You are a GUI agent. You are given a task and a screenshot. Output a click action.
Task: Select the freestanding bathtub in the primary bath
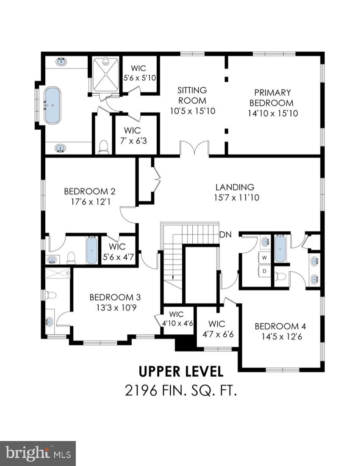[x=52, y=105]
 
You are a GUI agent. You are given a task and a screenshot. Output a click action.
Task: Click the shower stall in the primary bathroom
[x=106, y=75]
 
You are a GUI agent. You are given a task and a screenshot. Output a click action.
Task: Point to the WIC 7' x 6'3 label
[x=136, y=130]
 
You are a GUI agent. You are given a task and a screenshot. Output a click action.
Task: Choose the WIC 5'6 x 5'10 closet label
[x=140, y=68]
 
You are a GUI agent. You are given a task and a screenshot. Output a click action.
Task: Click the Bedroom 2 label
[x=90, y=191]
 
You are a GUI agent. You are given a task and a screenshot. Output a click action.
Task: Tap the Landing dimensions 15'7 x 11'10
[x=235, y=197]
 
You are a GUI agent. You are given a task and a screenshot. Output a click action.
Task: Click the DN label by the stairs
[x=225, y=235]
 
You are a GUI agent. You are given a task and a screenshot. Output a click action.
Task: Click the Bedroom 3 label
[x=115, y=297]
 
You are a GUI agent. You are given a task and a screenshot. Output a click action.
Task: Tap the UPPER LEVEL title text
[x=181, y=372]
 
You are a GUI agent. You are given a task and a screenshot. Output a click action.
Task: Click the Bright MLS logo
[x=38, y=454]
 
